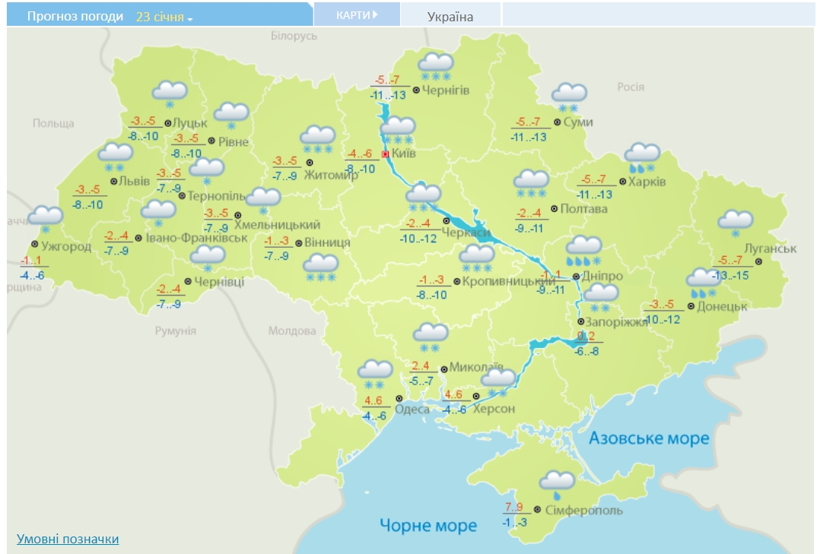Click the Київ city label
point(405,154)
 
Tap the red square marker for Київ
point(386,154)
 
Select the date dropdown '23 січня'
point(164,17)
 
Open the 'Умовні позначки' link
point(68,539)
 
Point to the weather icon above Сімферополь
point(557,483)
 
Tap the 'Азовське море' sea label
point(649,438)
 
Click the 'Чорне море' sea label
point(428,525)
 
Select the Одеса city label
point(413,409)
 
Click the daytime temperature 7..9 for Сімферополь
point(514,507)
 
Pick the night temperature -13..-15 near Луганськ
point(731,275)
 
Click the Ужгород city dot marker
point(35,244)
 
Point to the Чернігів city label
point(447,90)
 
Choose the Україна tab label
point(450,17)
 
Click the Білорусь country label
point(294,36)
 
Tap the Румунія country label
point(175,331)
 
